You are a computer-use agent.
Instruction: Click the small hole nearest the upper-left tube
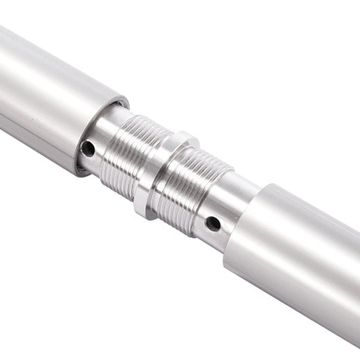88,148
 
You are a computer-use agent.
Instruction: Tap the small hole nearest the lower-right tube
213,224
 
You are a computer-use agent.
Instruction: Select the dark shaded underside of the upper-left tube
35,140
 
